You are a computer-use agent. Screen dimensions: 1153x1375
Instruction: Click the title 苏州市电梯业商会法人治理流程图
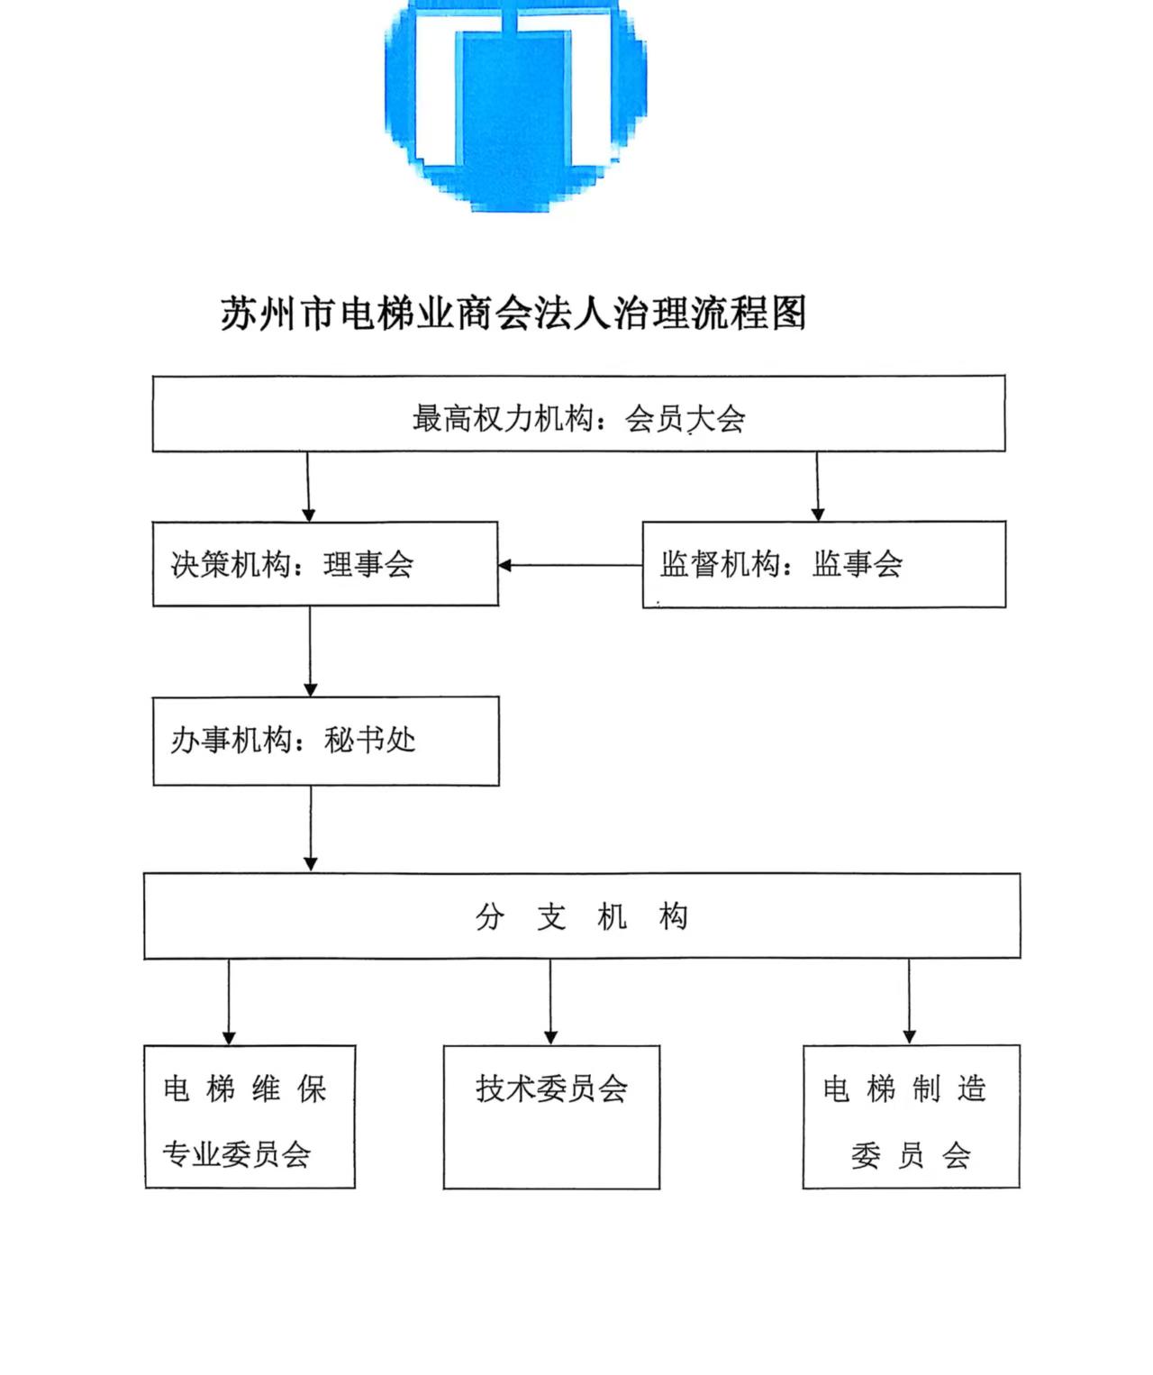point(513,312)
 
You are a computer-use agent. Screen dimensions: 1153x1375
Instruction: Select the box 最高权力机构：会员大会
point(578,414)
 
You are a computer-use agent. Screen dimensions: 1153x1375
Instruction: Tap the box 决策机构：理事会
point(325,564)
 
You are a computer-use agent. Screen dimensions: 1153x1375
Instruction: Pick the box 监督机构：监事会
point(823,564)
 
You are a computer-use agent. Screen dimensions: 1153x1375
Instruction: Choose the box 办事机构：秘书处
point(326,741)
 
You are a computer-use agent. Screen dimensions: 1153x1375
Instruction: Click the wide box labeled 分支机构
point(582,916)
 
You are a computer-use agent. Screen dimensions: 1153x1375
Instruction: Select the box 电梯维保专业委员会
point(250,1117)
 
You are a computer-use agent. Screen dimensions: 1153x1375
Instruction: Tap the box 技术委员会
point(551,1117)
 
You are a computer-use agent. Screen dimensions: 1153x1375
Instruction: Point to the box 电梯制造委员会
point(912,1117)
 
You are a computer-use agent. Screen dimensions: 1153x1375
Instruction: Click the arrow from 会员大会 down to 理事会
point(308,487)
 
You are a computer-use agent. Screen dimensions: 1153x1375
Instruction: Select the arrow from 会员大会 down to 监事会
point(817,487)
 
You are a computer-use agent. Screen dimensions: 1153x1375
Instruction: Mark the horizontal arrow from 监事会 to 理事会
point(570,565)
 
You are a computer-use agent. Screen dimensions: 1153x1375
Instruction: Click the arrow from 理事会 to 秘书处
point(310,651)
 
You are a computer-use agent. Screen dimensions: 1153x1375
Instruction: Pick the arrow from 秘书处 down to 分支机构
point(311,829)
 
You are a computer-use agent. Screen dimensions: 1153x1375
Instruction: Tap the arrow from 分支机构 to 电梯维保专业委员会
point(229,1002)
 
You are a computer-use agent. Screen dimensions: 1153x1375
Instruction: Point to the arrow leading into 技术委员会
point(550,1002)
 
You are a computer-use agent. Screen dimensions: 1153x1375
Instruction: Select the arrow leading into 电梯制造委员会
point(910,1001)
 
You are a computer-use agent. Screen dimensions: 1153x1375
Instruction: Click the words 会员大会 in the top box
point(685,419)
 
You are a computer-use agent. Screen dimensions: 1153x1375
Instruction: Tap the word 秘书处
point(369,740)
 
